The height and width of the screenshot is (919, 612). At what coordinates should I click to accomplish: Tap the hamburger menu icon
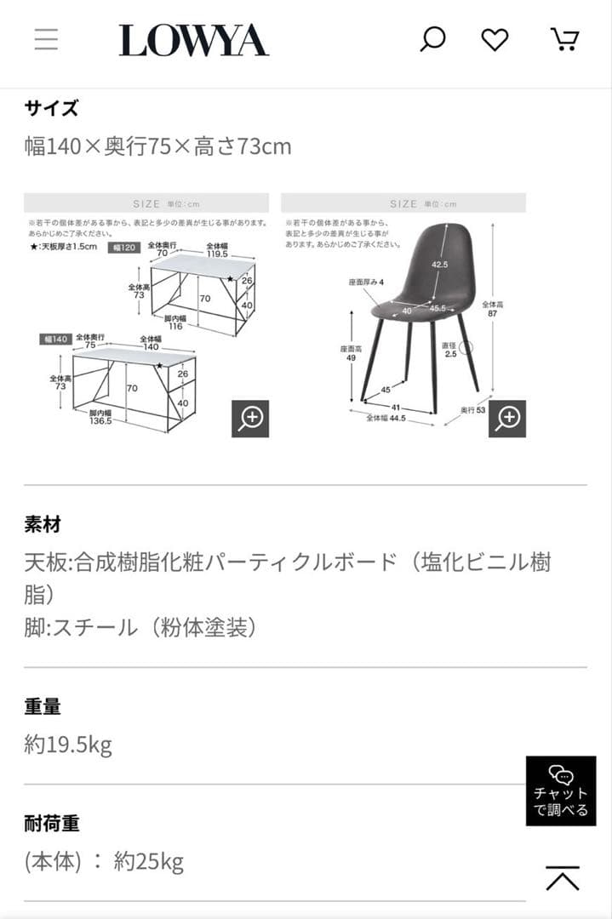(x=46, y=40)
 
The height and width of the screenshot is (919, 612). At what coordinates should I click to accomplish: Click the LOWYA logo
(x=193, y=41)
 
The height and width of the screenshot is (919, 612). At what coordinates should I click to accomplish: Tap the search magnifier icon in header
(x=432, y=40)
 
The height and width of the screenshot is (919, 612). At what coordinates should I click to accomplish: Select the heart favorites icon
(x=495, y=40)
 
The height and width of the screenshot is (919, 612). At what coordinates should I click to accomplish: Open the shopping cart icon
(x=564, y=40)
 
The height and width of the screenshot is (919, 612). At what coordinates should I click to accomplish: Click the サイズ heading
(x=51, y=108)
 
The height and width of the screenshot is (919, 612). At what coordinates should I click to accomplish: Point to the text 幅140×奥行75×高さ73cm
(x=157, y=146)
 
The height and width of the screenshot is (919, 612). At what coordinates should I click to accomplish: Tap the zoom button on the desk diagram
(x=250, y=419)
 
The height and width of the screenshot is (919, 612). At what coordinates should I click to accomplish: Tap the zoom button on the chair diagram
(x=507, y=419)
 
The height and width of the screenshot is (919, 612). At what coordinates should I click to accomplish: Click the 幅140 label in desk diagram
(x=53, y=339)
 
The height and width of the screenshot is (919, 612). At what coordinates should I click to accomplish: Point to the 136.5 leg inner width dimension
(x=100, y=420)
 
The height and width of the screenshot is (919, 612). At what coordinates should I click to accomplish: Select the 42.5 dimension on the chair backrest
(x=439, y=265)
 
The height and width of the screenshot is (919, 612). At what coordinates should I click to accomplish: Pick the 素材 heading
(x=43, y=524)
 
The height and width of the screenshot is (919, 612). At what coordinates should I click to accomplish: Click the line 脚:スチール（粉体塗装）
(x=140, y=628)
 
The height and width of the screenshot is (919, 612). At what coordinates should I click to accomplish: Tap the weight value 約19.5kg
(x=68, y=745)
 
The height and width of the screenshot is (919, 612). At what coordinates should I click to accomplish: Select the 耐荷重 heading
(x=51, y=824)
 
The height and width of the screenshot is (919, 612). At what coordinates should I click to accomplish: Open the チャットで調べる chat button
(x=560, y=791)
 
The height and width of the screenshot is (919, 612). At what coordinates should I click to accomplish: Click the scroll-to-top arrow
(x=563, y=879)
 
